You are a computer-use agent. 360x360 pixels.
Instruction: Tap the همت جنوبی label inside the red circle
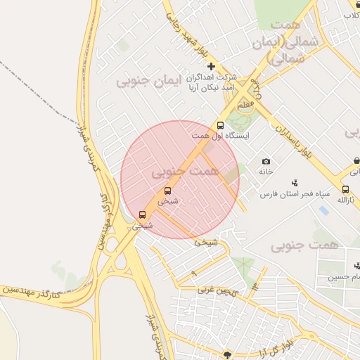pos(185,171)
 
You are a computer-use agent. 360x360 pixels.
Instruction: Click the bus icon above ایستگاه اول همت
pos(220,125)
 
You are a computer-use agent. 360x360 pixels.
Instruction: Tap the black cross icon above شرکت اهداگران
pos(211,65)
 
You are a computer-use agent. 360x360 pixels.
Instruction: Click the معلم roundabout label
pos(245,105)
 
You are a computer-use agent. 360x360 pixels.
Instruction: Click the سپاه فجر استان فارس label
pos(293,193)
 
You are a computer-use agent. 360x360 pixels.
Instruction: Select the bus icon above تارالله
pos(345,189)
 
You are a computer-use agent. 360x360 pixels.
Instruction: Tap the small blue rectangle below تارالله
pos(323,210)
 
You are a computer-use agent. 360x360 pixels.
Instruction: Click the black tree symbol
pos(227,354)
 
